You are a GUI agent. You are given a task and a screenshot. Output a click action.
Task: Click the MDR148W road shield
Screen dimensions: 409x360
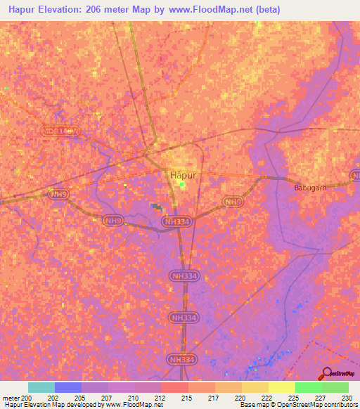[x=60, y=131]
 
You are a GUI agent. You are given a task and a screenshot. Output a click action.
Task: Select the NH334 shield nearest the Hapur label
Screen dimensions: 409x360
[x=176, y=222]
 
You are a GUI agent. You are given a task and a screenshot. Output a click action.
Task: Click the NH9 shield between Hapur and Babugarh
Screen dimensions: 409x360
[x=233, y=202]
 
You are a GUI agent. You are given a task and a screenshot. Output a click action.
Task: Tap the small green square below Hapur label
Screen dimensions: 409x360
[x=182, y=186]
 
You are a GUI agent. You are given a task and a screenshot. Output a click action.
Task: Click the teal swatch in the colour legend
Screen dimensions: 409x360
[x=41, y=387]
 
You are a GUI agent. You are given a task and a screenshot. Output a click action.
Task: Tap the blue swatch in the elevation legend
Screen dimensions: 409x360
[x=67, y=387]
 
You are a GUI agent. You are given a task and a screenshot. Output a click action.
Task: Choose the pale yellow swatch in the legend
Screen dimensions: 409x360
[x=281, y=387]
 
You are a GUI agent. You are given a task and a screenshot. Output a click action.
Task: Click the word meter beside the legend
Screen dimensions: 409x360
[x=10, y=397]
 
